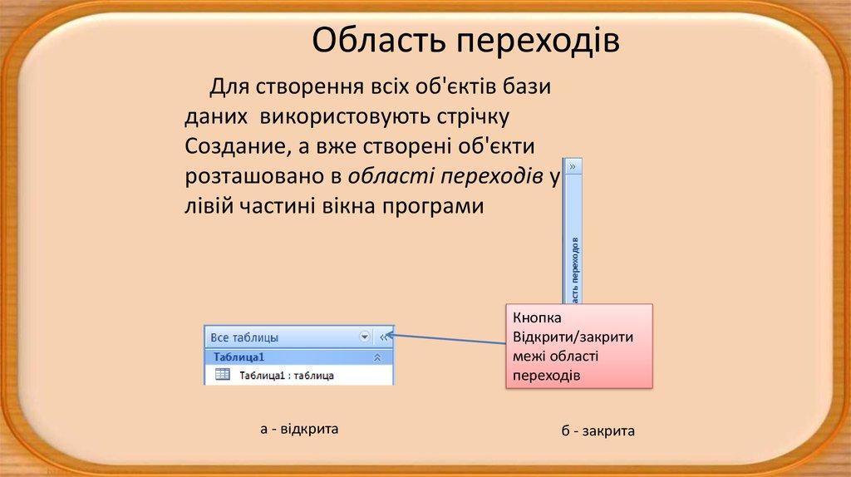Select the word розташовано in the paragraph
click(255, 175)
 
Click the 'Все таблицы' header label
click(244, 337)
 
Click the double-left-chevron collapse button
click(384, 337)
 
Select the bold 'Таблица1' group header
click(239, 357)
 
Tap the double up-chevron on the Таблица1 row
click(377, 357)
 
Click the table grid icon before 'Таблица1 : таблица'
click(223, 375)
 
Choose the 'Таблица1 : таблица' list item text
click(287, 376)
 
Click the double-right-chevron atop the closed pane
click(573, 166)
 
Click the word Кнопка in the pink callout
click(538, 318)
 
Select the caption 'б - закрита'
click(598, 431)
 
